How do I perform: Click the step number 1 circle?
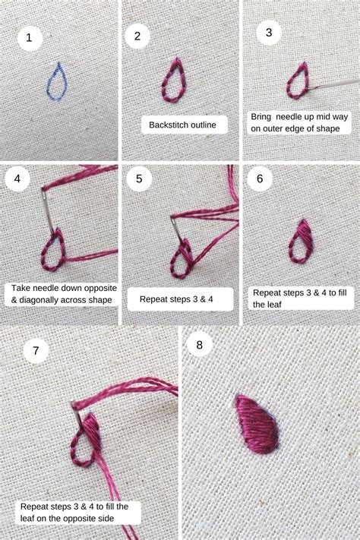[x=30, y=37]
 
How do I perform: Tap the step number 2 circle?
[x=137, y=36]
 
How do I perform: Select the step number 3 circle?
[x=269, y=33]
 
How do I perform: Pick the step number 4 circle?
[x=17, y=180]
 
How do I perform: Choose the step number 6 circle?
[x=260, y=179]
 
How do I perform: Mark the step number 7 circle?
[x=36, y=351]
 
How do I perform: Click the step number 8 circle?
[x=199, y=345]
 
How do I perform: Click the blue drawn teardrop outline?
[x=57, y=81]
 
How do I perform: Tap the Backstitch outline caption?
[x=183, y=125]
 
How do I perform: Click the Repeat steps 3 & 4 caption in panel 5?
[x=176, y=299]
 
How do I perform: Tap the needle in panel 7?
[x=79, y=409]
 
